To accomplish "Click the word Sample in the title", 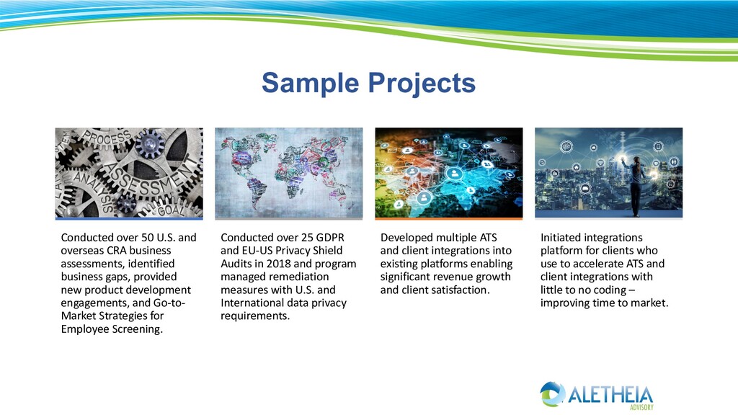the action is (x=310, y=84).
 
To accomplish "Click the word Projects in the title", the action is (x=422, y=84).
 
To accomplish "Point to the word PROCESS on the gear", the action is (x=107, y=139).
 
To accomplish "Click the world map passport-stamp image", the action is (x=289, y=172).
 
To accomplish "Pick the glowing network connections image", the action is (x=448, y=172).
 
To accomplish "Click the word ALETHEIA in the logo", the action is (x=610, y=395).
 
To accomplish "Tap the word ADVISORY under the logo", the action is (x=641, y=407).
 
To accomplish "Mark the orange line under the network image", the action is (x=448, y=219).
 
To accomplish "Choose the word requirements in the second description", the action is (x=255, y=316).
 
